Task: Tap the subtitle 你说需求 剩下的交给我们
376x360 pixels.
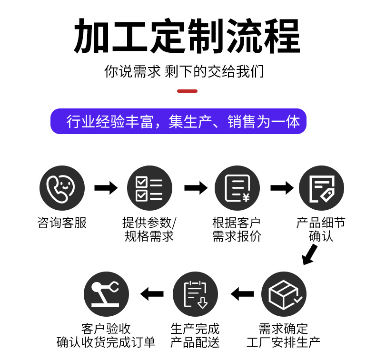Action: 184,72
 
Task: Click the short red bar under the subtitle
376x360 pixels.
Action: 187,91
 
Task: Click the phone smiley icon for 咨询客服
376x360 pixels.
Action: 62,188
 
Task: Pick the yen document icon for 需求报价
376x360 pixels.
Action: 237,188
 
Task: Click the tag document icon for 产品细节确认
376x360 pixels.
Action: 321,188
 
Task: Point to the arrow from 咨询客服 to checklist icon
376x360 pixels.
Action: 106,188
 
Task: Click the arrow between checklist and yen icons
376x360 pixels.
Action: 196,188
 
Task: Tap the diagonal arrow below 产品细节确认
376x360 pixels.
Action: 310,255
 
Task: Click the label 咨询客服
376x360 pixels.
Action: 62,223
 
